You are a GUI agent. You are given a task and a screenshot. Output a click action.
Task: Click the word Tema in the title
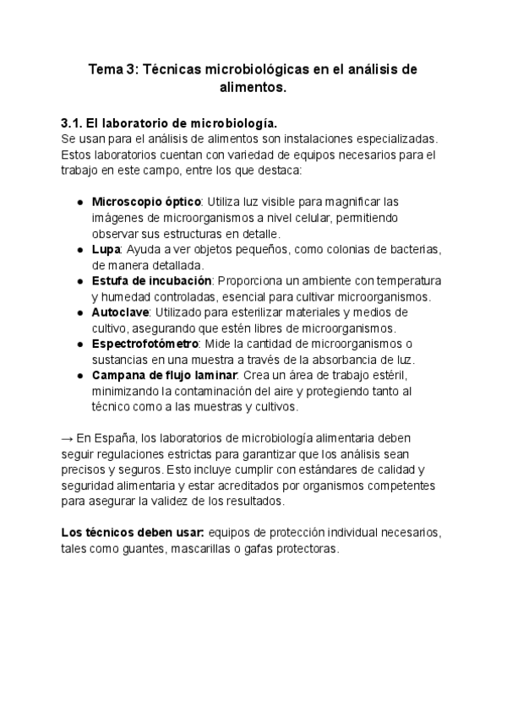[107, 69]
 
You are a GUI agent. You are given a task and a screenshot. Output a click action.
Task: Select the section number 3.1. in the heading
[75, 122]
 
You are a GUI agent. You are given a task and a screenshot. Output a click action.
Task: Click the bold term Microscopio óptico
[146, 202]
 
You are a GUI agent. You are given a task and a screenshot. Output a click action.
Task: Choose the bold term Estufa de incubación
[151, 280]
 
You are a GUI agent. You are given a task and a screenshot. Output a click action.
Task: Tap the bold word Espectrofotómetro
[145, 344]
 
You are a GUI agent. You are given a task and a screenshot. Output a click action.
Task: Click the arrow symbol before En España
[68, 437]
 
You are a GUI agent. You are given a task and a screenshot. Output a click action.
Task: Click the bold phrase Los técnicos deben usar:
[133, 532]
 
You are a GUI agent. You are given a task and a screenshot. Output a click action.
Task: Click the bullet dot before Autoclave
[79, 312]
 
